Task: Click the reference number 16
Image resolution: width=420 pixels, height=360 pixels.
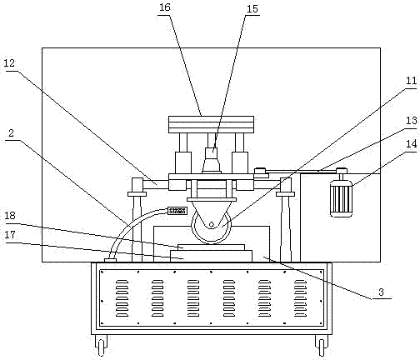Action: pos(165,7)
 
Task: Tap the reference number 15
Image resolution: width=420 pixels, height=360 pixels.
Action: pos(252,9)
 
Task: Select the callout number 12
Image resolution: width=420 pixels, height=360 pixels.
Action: pos(8,63)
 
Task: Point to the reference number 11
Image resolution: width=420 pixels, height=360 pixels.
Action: pos(412,81)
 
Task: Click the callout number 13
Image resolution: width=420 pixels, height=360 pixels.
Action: pos(412,121)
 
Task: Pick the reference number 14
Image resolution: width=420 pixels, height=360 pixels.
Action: pos(412,144)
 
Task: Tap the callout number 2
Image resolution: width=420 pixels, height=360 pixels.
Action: pos(11,133)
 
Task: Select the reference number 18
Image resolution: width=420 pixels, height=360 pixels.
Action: pos(10,215)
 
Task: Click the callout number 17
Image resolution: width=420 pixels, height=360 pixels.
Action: pos(10,235)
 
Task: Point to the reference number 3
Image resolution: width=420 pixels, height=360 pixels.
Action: pos(381,292)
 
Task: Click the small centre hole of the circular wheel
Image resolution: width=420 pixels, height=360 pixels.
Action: pos(212,224)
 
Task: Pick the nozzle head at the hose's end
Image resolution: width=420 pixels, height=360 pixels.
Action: pos(177,211)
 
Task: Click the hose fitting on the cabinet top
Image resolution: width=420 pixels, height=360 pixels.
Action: pos(110,260)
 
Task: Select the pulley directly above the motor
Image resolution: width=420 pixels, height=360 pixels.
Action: pos(342,171)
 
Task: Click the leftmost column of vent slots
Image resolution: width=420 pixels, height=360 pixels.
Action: pos(122,298)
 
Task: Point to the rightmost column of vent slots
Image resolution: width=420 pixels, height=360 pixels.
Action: pos(301,298)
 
